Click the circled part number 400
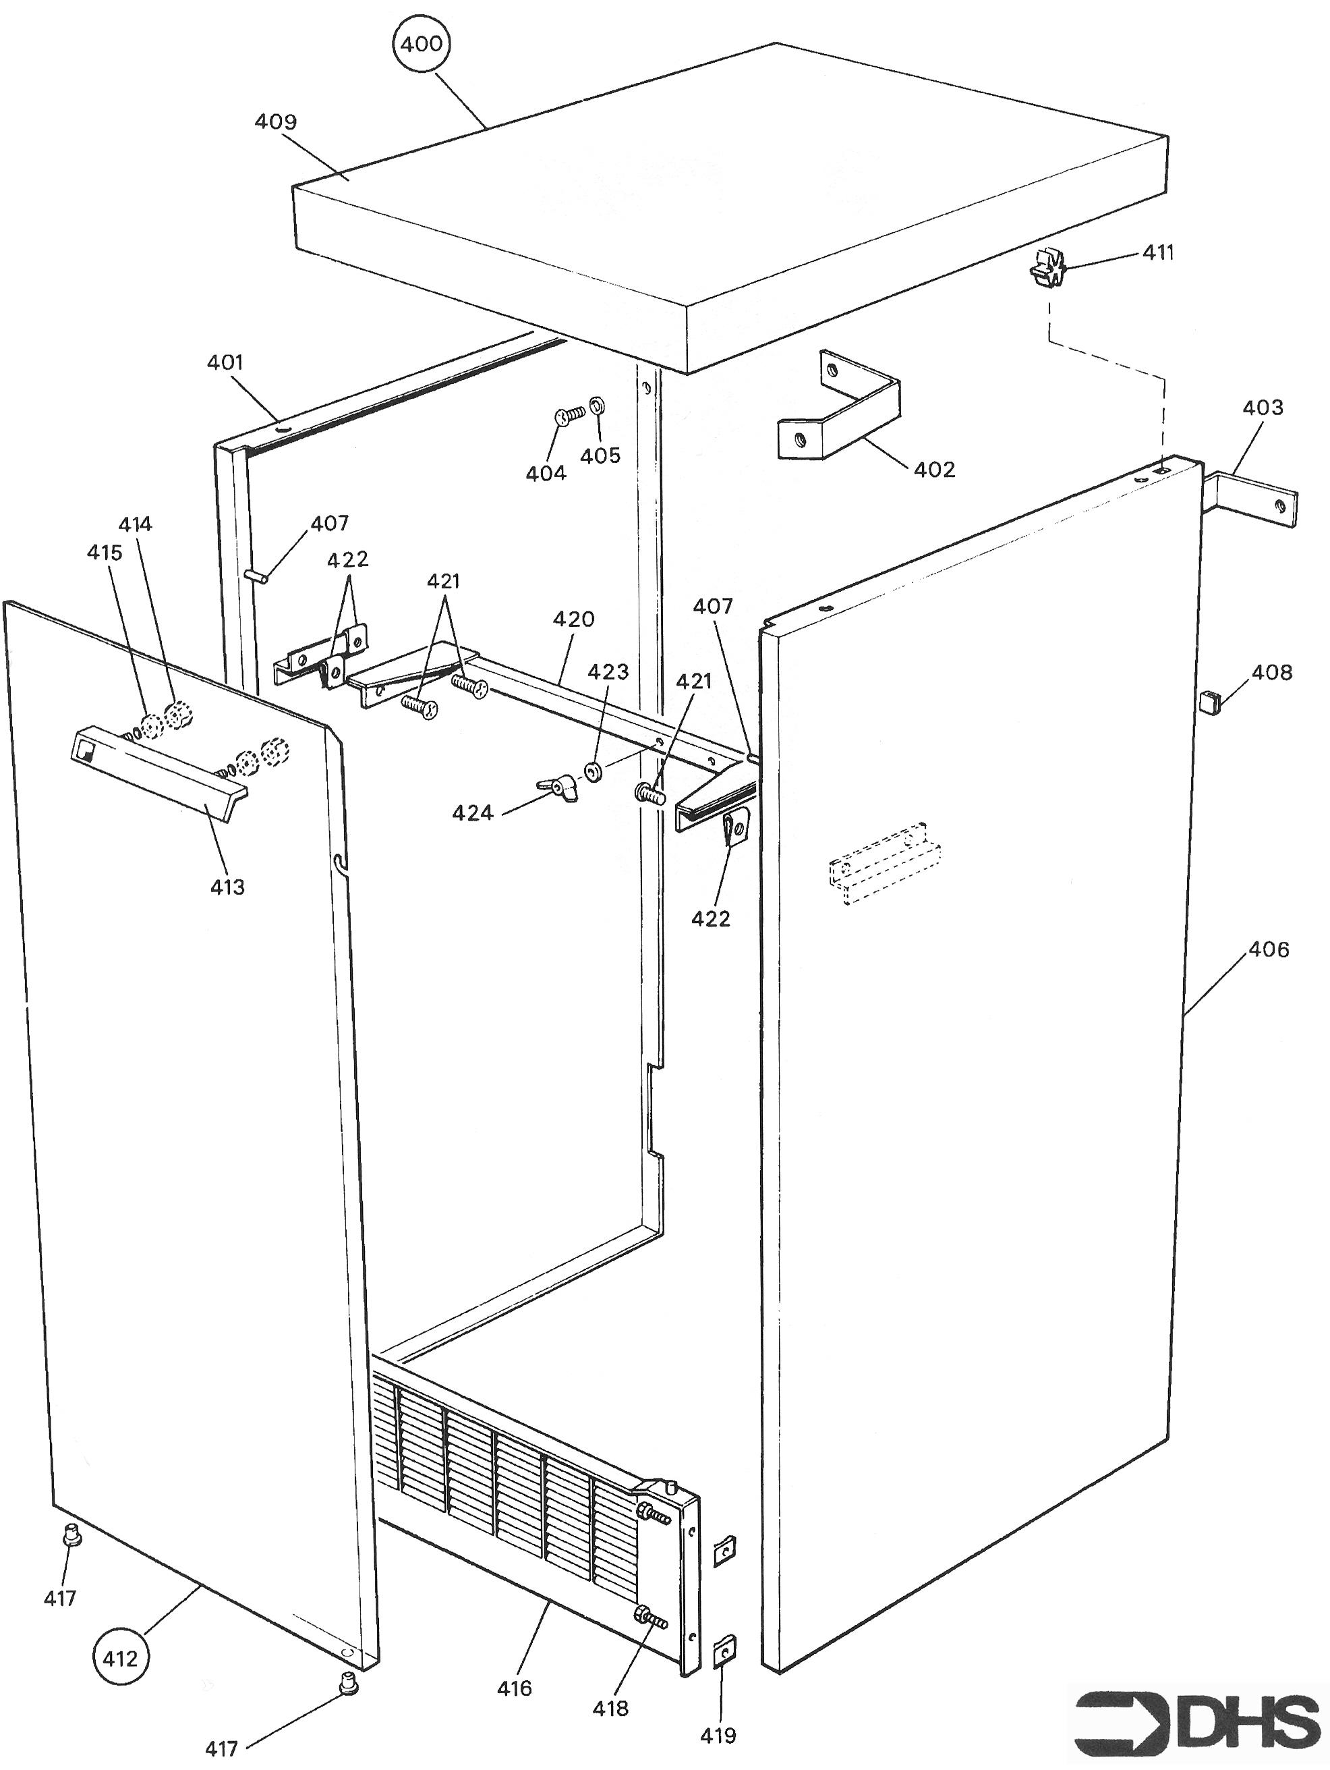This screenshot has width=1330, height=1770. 422,44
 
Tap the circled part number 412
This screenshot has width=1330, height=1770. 121,1658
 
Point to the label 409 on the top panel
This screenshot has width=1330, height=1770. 276,121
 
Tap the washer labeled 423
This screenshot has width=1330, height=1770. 594,772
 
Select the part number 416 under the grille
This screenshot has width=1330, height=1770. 514,1688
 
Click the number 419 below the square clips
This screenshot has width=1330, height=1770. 718,1736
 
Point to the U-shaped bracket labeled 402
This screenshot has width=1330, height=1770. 840,408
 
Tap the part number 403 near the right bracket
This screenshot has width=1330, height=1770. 1262,408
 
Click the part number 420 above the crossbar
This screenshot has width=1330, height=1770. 573,619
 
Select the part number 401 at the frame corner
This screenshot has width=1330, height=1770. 225,362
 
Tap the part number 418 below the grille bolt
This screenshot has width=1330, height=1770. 610,1708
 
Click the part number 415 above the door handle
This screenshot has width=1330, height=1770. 105,552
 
